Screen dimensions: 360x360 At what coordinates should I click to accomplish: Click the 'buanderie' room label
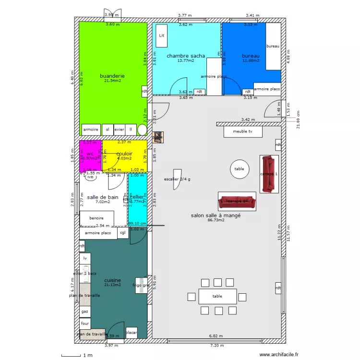tap(112, 76)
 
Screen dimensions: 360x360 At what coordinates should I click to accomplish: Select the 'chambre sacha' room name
tap(186, 56)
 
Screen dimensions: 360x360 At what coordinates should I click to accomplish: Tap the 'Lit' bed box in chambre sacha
tap(162, 36)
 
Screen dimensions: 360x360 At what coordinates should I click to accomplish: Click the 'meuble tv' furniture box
tap(244, 131)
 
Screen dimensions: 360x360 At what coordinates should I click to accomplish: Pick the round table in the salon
tap(239, 169)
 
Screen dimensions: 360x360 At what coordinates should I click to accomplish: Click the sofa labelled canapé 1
tap(269, 174)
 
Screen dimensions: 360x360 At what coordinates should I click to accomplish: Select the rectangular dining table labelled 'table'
tap(217, 296)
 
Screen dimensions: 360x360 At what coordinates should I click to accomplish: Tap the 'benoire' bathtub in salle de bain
tap(96, 218)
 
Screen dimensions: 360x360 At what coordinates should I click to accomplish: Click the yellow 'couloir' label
tap(124, 154)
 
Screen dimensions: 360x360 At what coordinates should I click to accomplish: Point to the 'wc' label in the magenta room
tap(90, 154)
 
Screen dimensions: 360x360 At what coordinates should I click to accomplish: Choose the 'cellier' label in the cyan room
tap(137, 197)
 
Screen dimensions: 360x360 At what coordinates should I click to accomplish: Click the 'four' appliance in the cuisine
tap(85, 324)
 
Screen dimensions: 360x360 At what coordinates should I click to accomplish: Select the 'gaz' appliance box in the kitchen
tap(85, 311)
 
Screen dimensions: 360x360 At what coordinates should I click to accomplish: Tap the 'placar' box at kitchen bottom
tap(132, 333)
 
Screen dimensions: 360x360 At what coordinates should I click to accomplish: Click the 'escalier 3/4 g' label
tap(177, 179)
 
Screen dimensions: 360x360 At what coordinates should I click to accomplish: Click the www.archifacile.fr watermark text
tap(279, 355)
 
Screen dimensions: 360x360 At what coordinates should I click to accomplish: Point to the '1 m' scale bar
tap(76, 355)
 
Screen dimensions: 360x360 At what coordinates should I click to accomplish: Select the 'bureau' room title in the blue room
tap(251, 56)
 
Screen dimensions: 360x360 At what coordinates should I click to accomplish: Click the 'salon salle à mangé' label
tap(216, 216)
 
